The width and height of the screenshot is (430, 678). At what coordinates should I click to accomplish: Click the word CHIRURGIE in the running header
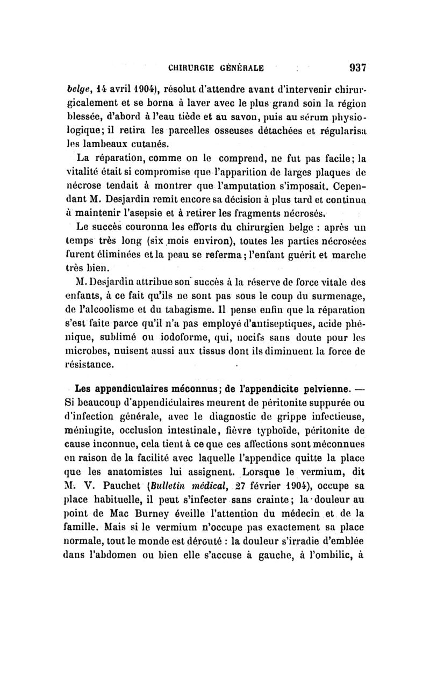[193, 69]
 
